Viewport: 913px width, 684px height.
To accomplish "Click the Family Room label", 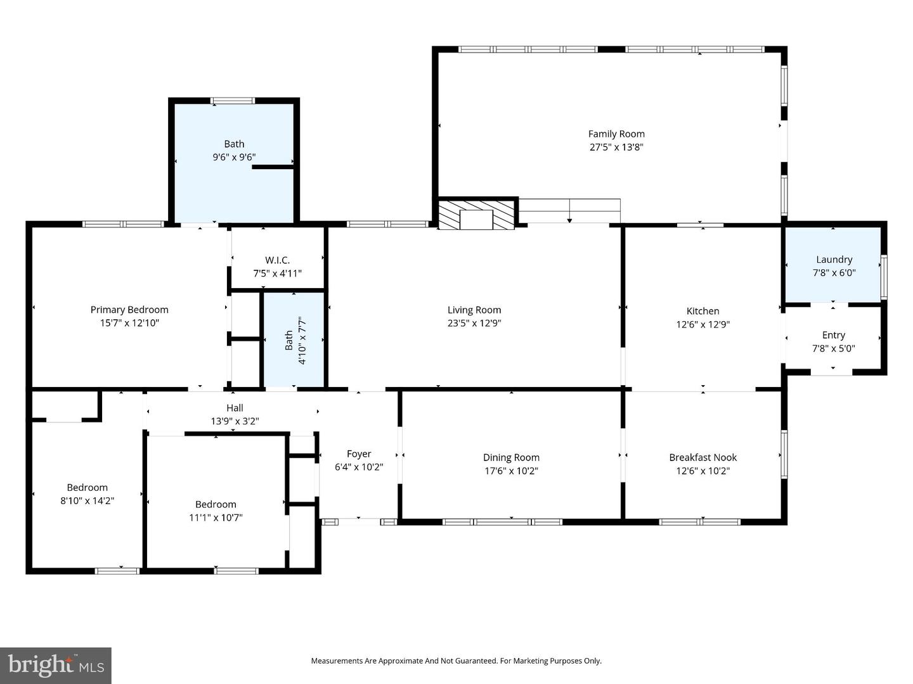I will click(616, 134).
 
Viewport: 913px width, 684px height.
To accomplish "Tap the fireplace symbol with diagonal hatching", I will click(476, 215).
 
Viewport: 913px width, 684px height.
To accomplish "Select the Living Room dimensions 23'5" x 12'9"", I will click(474, 323).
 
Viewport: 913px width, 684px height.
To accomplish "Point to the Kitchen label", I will click(703, 311).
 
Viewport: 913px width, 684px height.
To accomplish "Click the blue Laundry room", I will click(833, 265).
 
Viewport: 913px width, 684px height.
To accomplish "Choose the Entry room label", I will click(833, 335).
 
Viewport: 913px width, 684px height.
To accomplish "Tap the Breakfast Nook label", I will click(703, 457).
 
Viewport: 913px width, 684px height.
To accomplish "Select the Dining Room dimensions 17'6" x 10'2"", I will click(511, 471).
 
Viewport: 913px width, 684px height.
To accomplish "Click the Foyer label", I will click(359, 454).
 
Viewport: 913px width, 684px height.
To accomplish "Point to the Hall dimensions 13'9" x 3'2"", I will click(235, 421).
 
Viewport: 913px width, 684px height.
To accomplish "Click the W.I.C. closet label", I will click(277, 260).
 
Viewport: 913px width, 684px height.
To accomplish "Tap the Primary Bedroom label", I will click(129, 310).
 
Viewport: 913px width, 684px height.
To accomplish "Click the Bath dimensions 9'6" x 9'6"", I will click(234, 157).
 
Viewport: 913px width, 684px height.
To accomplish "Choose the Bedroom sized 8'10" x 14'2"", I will click(87, 494).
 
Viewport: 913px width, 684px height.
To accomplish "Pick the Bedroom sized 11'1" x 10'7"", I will click(216, 511).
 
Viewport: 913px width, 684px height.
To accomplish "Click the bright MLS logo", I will click(56, 665).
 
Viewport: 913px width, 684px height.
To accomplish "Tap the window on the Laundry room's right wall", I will click(884, 276).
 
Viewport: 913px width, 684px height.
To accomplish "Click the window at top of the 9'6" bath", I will click(233, 100).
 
